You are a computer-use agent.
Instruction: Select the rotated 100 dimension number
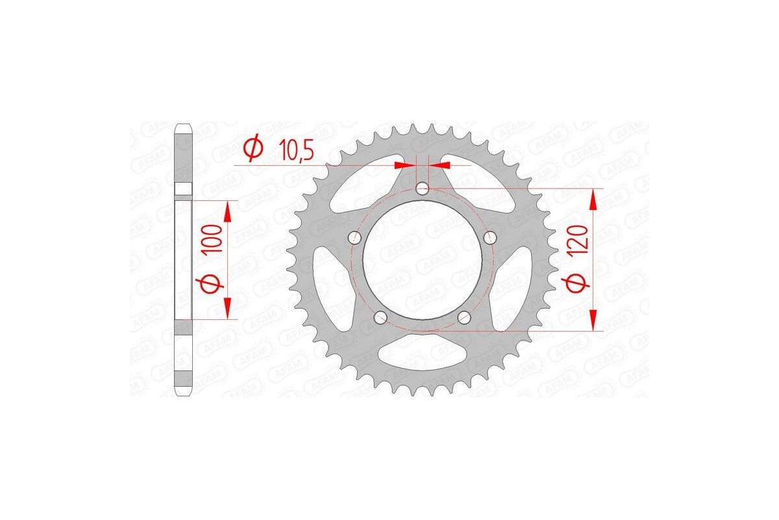pyautogui.click(x=217, y=240)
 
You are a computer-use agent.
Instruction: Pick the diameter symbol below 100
pyautogui.click(x=217, y=283)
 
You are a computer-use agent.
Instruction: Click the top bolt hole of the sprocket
pyautogui.click(x=423, y=189)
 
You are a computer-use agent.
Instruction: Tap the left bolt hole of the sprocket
pyautogui.click(x=354, y=237)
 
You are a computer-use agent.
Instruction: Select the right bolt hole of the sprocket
pyautogui.click(x=490, y=235)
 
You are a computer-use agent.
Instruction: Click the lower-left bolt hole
pyautogui.click(x=381, y=317)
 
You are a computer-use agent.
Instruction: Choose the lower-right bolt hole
pyautogui.click(x=464, y=317)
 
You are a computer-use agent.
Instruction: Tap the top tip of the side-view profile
pyautogui.click(x=184, y=125)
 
